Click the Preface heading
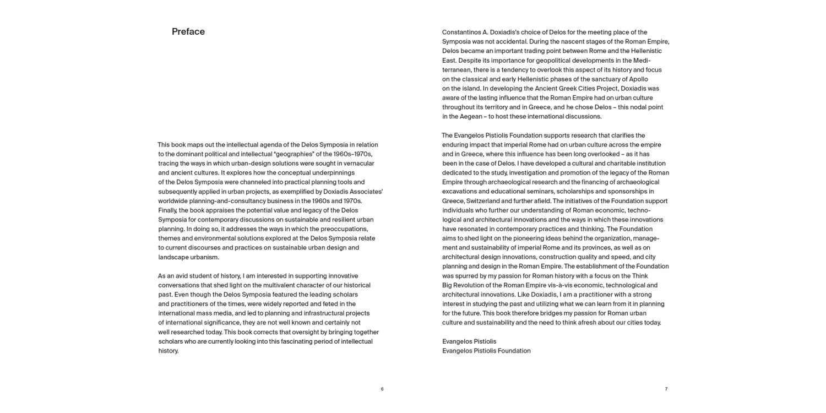[x=188, y=32]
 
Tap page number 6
[x=382, y=389]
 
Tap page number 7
[x=666, y=389]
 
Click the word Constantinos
[x=461, y=32]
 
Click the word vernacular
[x=356, y=164]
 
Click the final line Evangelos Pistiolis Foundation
[x=486, y=351]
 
